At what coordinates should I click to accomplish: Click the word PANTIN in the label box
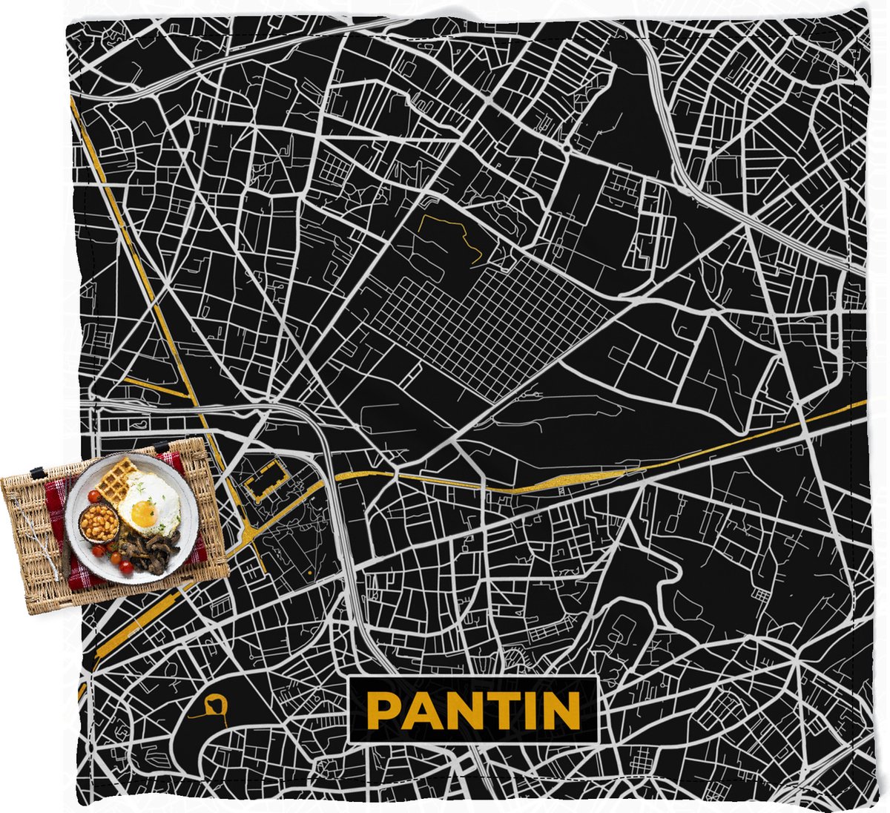click(473, 710)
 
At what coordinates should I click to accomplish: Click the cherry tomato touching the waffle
click(96, 496)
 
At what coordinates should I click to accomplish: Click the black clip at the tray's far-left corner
click(36, 473)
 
